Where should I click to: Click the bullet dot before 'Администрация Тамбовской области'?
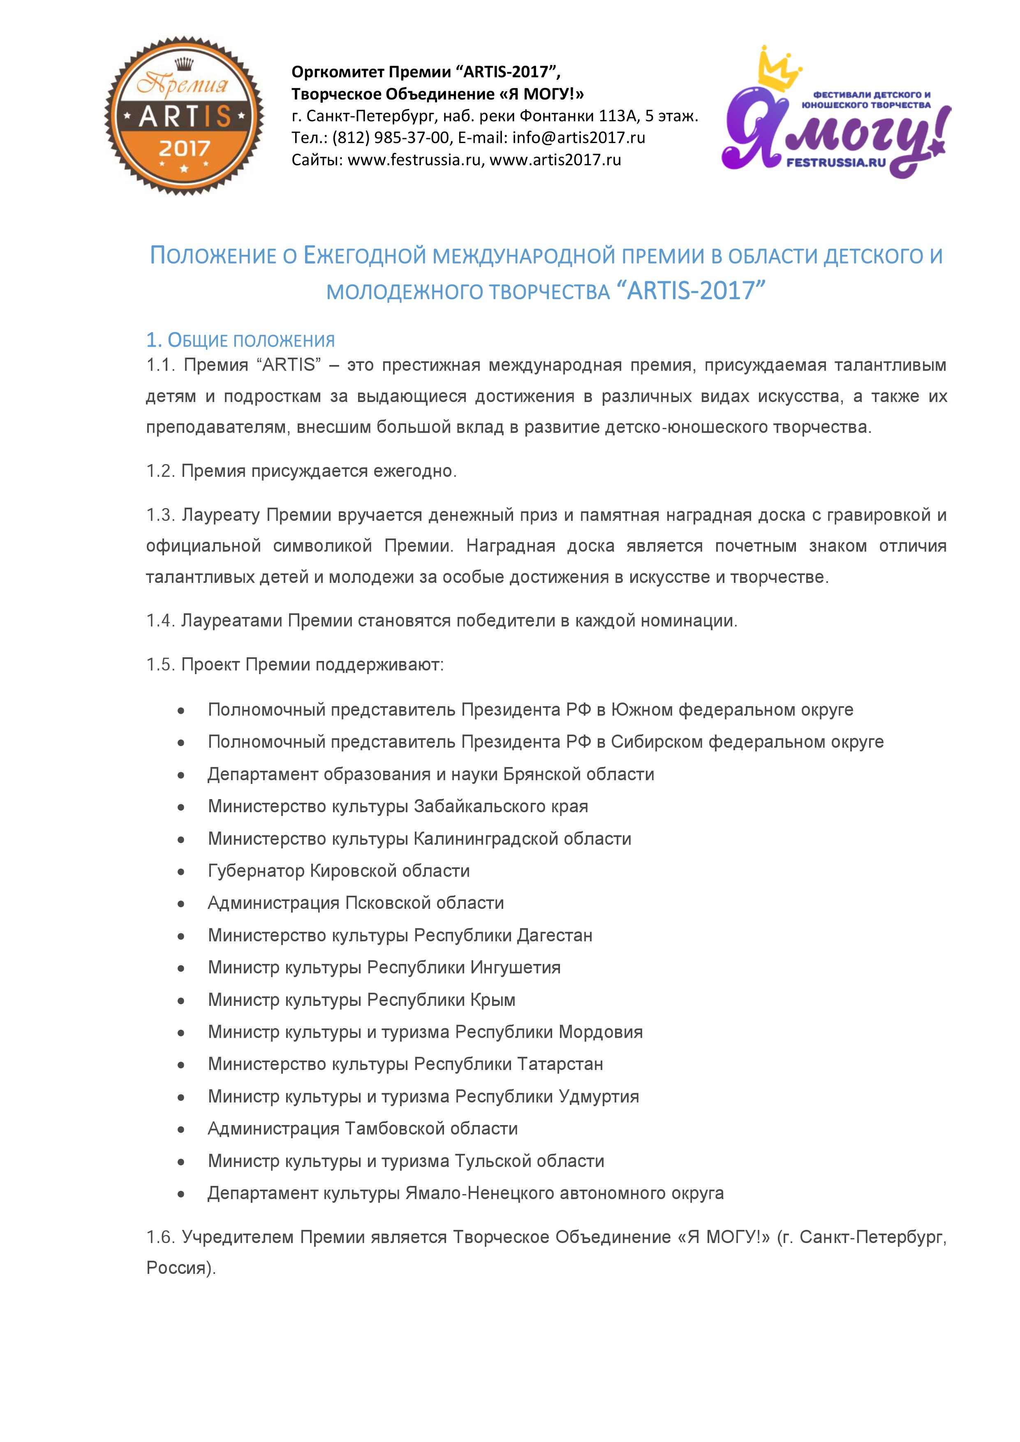[x=181, y=1129]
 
